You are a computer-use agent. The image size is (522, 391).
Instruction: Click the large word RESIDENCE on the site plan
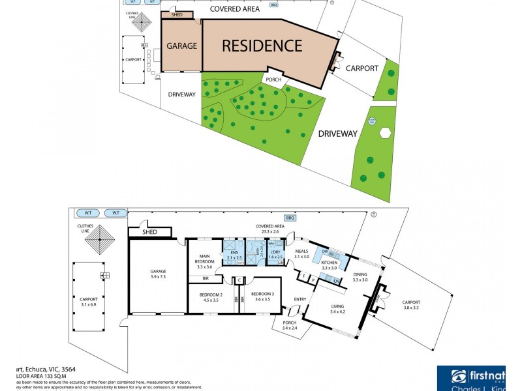coord(262,46)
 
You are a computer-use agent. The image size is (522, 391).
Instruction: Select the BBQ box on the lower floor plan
coord(289,218)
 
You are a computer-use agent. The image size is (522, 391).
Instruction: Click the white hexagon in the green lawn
coord(385,132)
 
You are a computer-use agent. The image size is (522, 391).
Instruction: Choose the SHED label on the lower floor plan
coord(149,231)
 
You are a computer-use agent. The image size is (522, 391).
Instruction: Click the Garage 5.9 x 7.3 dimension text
coord(158,274)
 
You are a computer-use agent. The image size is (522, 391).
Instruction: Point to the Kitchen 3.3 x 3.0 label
coord(329,265)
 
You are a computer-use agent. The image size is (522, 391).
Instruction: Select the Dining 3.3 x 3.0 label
coord(360,277)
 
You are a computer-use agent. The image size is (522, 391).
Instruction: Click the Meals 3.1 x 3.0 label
coord(301,254)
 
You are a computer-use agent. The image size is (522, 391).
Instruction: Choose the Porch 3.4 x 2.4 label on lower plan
coord(289,325)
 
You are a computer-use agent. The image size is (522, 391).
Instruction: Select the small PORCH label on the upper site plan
coord(273,80)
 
